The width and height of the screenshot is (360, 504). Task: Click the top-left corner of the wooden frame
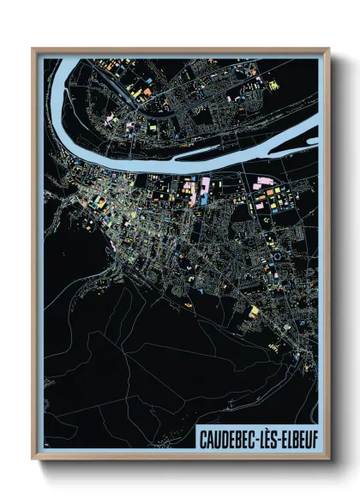[33, 49]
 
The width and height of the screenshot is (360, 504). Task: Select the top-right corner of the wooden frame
[328, 49]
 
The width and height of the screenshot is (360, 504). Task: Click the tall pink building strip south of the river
[205, 189]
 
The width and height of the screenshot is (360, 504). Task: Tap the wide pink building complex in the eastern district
[264, 182]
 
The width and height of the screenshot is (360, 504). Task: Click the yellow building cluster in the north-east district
[273, 85]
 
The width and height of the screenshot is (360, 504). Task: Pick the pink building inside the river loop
[111, 119]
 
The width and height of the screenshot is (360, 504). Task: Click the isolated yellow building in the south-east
[254, 310]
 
